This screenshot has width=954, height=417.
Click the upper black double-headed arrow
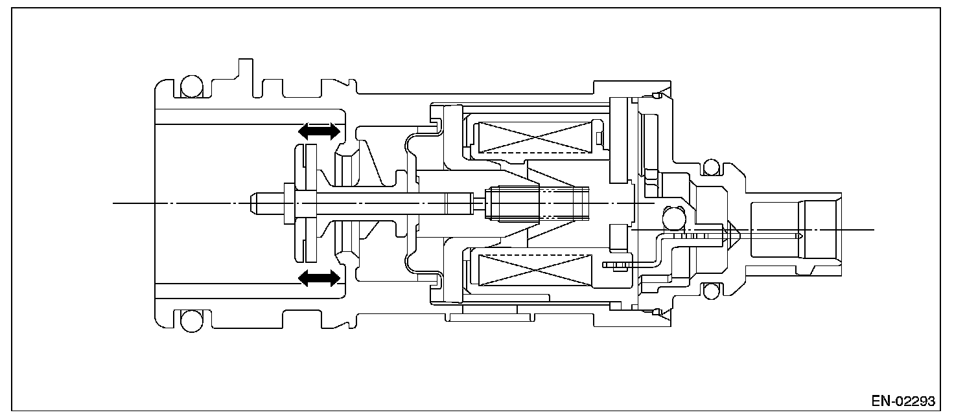point(318,131)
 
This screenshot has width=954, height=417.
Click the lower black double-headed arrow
point(318,278)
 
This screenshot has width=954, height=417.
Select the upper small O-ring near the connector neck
point(711,168)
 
